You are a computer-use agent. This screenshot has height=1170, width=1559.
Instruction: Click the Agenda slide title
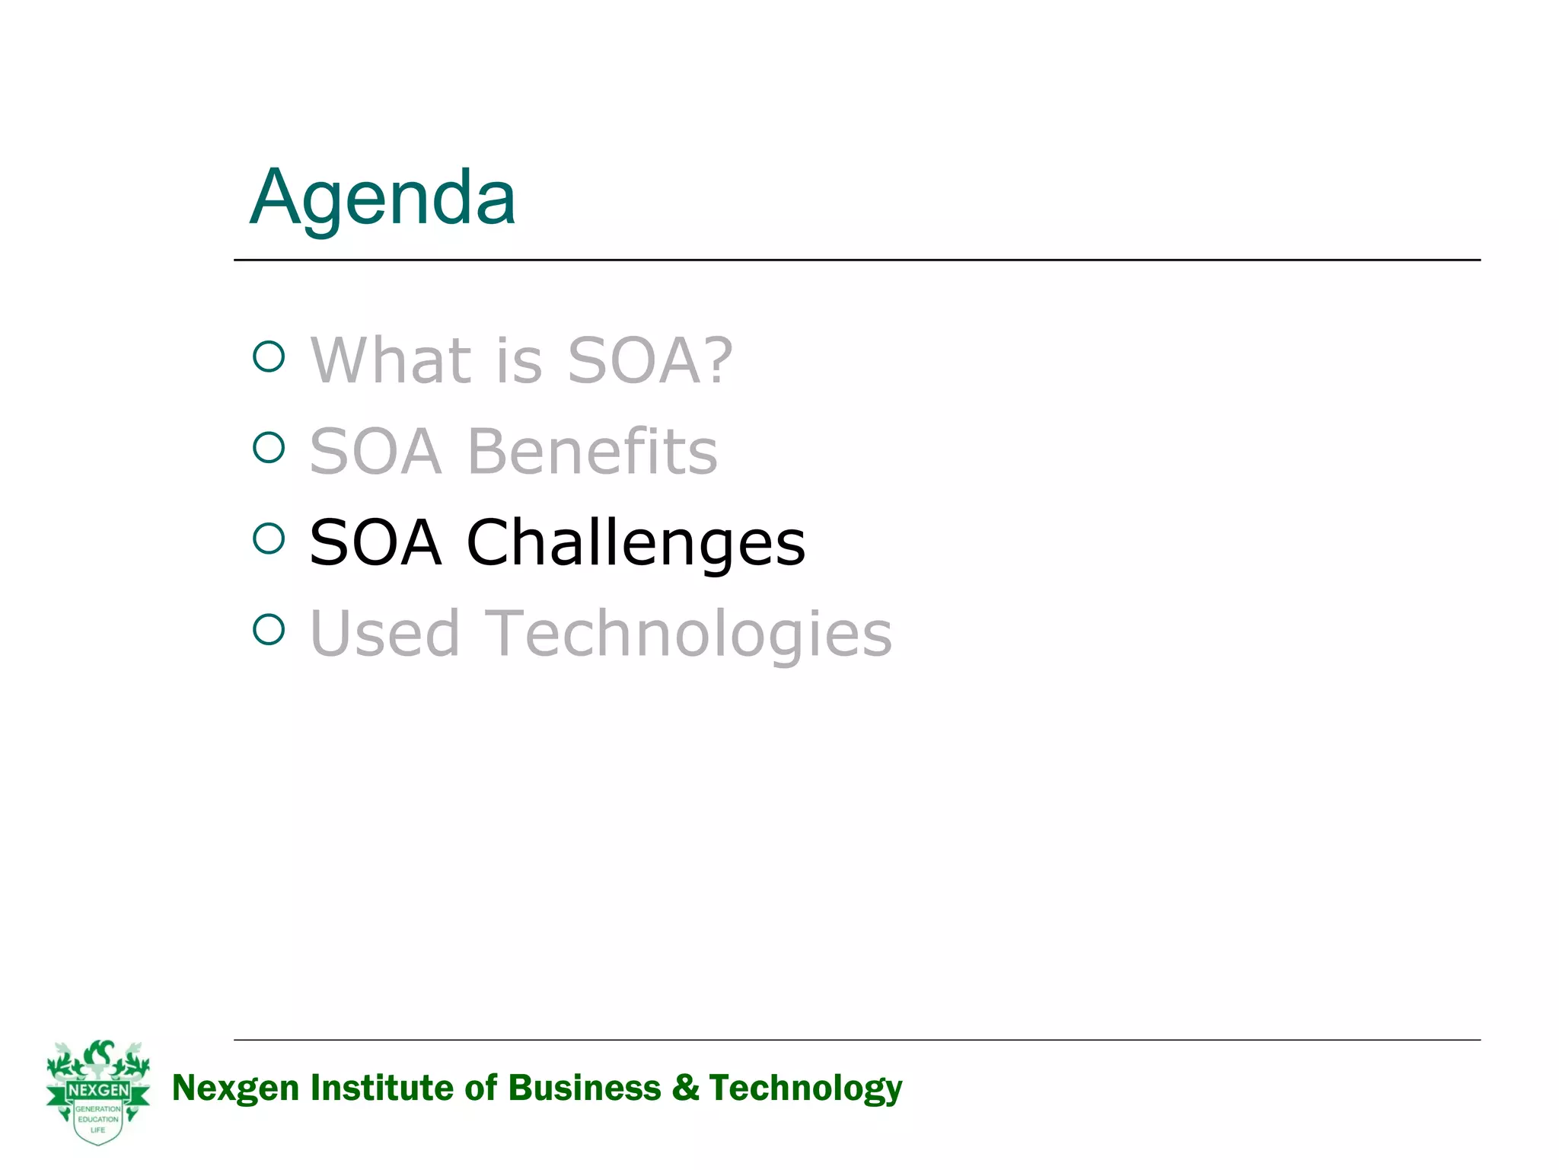(x=383, y=198)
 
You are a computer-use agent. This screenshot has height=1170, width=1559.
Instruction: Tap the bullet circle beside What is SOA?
(x=269, y=356)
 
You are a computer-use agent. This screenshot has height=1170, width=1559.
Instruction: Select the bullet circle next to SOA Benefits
(x=269, y=448)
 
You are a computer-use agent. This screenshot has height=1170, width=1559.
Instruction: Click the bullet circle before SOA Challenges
(x=269, y=539)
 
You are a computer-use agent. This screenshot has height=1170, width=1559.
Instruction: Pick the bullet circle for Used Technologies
(x=269, y=629)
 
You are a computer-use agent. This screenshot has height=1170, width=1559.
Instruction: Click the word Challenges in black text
(x=636, y=542)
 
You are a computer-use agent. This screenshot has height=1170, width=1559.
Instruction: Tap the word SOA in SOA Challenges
(x=375, y=542)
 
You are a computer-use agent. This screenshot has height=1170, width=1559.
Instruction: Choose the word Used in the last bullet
(x=385, y=633)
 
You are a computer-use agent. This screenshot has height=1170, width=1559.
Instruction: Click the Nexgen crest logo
(x=98, y=1092)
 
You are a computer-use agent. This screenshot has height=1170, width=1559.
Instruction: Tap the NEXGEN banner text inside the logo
(x=98, y=1090)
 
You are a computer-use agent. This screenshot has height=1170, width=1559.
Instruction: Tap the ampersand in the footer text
(x=685, y=1088)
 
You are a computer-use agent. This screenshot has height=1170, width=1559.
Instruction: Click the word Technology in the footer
(x=805, y=1088)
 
